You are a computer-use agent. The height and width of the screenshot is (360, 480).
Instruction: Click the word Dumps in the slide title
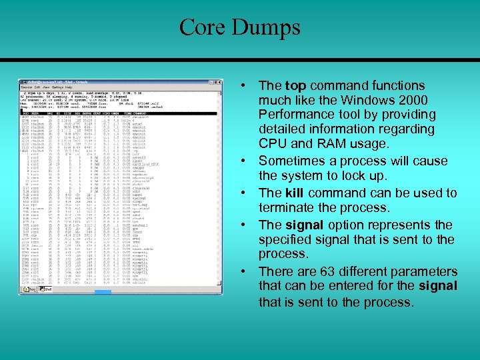pos(267,27)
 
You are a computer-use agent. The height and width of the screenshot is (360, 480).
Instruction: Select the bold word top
pos(295,86)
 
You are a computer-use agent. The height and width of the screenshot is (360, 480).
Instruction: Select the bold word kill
pos(294,193)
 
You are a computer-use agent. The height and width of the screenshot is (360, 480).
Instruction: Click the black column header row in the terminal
pos(120,114)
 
